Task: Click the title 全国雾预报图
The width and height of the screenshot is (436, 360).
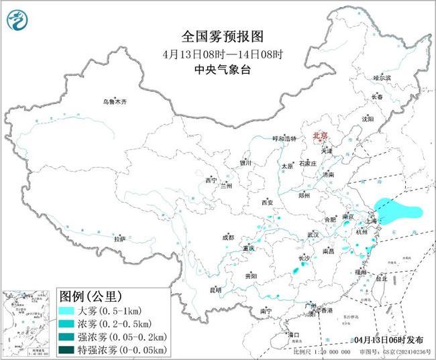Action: pyautogui.click(x=218, y=35)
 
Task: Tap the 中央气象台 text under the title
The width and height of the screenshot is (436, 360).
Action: pyautogui.click(x=218, y=68)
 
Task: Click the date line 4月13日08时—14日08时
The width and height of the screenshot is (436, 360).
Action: pyautogui.click(x=218, y=52)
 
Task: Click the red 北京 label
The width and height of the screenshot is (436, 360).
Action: pyautogui.click(x=321, y=136)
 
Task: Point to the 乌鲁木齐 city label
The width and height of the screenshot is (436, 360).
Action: pyautogui.click(x=115, y=102)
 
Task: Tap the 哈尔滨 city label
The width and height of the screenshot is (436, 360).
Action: pyautogui.click(x=382, y=78)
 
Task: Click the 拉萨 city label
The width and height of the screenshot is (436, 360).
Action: pyautogui.click(x=119, y=239)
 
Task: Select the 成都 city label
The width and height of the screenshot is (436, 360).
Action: pyautogui.click(x=228, y=237)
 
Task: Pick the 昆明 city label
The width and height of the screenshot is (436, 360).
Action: pyautogui.click(x=215, y=290)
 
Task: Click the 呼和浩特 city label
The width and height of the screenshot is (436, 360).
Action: pyautogui.click(x=284, y=139)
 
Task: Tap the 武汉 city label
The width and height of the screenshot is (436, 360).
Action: pyautogui.click(x=313, y=235)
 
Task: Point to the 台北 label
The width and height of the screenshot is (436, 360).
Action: pyautogui.click(x=381, y=278)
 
